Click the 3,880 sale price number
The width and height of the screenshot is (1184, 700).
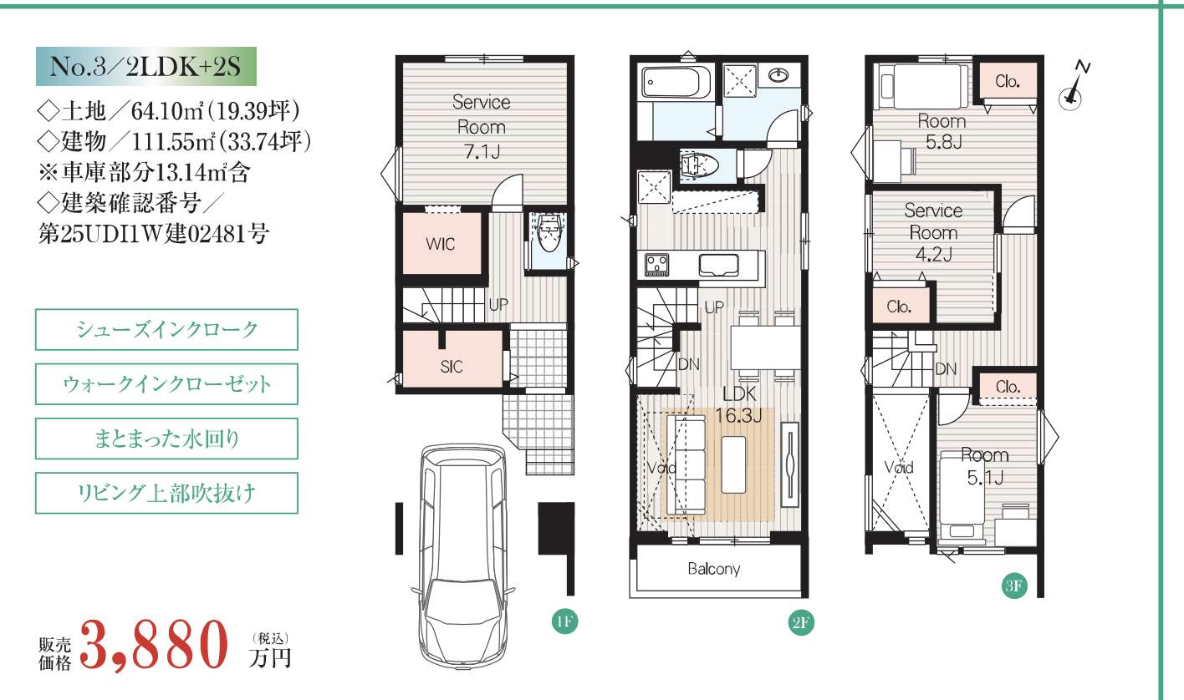pos(154,645)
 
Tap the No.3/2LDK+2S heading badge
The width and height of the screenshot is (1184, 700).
pos(145,67)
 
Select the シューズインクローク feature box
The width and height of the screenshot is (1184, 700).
pos(166,329)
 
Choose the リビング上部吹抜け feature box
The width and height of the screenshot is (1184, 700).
pos(166,493)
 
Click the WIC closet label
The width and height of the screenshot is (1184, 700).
pos(441,244)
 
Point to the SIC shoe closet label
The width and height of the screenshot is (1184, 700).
pos(452,367)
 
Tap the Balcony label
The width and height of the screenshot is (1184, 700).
pos(713,569)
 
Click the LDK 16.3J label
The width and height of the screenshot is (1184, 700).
pos(739,405)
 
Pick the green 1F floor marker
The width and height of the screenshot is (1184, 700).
pos(564,621)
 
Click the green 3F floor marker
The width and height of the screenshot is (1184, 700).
pos(1013,586)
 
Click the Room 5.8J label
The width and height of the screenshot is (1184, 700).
pos(942,131)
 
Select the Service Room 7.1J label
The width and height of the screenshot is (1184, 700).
pos(481,127)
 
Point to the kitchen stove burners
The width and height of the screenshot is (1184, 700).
pos(656,265)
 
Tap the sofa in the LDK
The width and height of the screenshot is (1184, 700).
pos(686,464)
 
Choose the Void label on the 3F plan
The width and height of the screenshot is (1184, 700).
pos(899,467)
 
